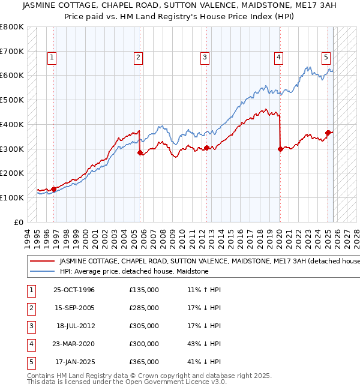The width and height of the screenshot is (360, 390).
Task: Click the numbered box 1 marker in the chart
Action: [x=52, y=58]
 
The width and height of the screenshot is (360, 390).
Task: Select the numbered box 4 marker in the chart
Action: [x=279, y=58]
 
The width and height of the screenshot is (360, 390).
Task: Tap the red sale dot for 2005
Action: [x=140, y=152]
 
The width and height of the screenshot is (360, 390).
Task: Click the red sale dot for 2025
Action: [x=328, y=133]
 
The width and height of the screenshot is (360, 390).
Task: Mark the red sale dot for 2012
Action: [x=206, y=148]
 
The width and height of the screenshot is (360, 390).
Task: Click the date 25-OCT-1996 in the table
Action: [x=74, y=290]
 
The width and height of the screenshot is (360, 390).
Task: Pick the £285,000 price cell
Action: [x=144, y=308]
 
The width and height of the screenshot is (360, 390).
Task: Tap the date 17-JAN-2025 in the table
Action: [x=74, y=362]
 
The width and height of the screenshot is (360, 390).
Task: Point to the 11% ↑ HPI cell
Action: [x=204, y=290]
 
